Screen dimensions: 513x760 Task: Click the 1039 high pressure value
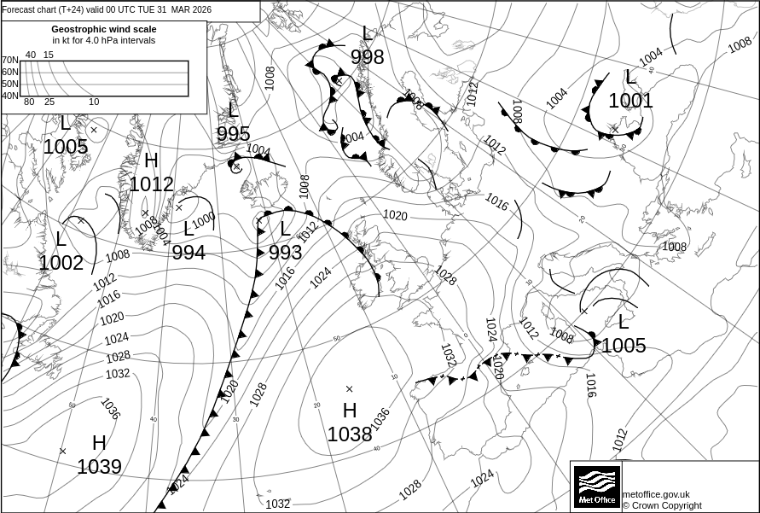[x=99, y=467]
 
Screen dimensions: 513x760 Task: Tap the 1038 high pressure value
[x=350, y=434]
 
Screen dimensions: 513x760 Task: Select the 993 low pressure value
[x=285, y=253]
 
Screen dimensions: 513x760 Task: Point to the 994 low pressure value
[x=189, y=252]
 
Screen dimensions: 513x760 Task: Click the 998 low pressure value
[x=367, y=57]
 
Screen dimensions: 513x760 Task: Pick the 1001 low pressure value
[x=630, y=101]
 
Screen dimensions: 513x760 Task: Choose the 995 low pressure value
[x=233, y=134]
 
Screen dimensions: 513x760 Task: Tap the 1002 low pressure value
[x=61, y=263]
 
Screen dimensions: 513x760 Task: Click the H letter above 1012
[x=151, y=160]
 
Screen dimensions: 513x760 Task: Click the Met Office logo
[x=596, y=487]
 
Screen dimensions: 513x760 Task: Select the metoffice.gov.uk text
[x=656, y=494]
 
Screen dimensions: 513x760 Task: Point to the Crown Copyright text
[x=662, y=505]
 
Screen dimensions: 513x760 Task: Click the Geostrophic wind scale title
[x=103, y=29]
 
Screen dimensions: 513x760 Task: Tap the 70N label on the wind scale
[x=9, y=61]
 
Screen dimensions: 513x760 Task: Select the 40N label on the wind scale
[x=9, y=96]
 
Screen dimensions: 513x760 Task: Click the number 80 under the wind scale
[x=29, y=102]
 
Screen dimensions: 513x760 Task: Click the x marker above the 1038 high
[x=349, y=389]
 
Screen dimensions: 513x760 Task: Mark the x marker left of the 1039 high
[x=62, y=451]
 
